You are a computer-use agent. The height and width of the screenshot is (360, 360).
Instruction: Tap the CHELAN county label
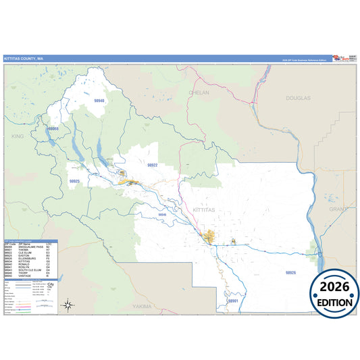(x=200, y=93)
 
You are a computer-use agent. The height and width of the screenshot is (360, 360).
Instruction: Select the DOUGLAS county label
(x=298, y=98)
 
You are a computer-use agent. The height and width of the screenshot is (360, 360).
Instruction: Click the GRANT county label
(x=337, y=209)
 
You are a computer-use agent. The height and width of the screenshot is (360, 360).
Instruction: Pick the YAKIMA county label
(x=142, y=306)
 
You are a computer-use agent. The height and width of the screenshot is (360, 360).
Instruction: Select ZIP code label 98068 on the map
(x=53, y=128)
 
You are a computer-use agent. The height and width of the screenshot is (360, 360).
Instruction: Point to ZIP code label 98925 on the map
(x=74, y=181)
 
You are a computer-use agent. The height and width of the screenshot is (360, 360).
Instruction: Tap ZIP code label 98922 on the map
(x=152, y=165)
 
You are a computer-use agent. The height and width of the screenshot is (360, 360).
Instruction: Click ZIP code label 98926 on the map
(x=290, y=272)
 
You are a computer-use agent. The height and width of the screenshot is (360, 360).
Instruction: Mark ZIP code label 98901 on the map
(x=233, y=301)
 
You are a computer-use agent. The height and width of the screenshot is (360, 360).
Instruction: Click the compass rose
(x=68, y=305)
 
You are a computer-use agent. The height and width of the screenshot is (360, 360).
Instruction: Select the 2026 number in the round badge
(x=334, y=287)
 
